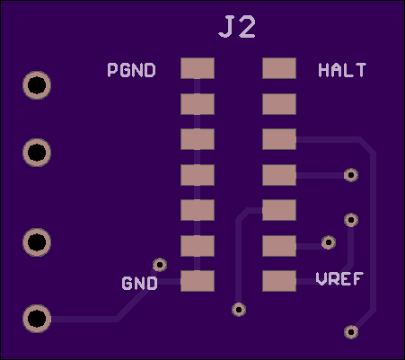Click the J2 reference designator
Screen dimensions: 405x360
tap(237, 27)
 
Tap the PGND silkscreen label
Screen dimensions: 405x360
tap(132, 70)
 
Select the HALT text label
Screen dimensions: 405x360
tap(342, 70)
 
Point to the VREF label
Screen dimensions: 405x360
tap(339, 279)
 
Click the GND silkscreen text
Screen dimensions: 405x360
tap(139, 283)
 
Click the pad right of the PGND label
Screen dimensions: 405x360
tap(198, 68)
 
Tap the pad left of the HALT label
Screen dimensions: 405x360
tap(279, 68)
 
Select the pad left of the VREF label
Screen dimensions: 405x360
tap(279, 281)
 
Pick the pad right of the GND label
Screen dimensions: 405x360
tap(198, 281)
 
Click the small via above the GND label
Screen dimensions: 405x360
tap(160, 265)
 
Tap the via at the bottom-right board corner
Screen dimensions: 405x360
tap(351, 332)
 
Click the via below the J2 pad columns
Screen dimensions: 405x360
tap(239, 310)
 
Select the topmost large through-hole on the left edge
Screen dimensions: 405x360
tap(37, 85)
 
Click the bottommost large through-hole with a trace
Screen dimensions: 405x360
tap(37, 319)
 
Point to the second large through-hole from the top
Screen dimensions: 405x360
tap(37, 153)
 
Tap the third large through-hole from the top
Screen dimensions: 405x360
tap(37, 242)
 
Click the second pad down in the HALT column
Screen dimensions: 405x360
tap(279, 104)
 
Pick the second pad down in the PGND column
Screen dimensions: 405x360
tap(198, 104)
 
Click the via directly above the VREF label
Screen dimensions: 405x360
tap(351, 220)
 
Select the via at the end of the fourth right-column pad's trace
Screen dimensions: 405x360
tap(351, 175)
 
